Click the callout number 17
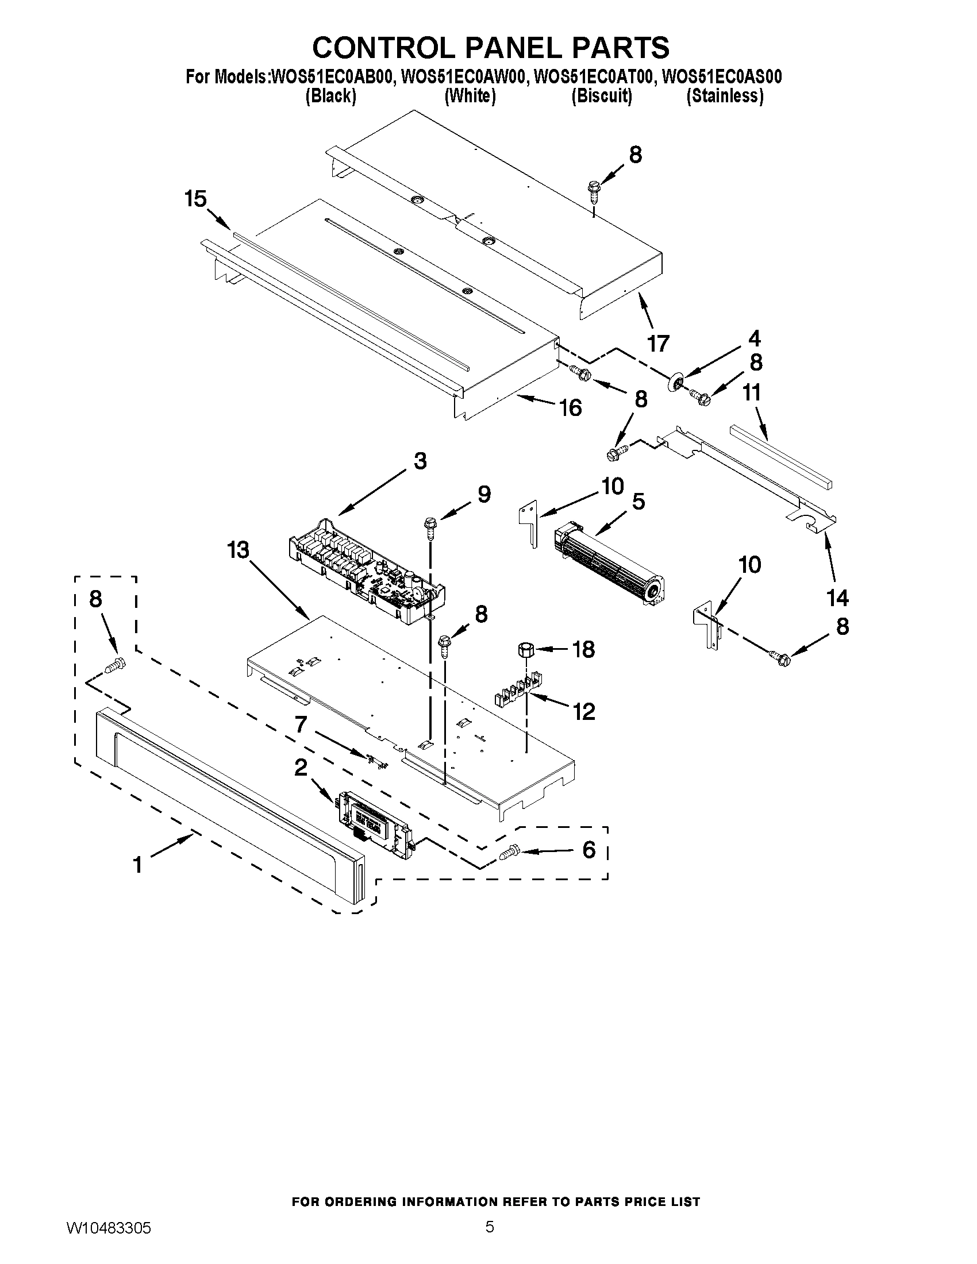pyautogui.click(x=657, y=344)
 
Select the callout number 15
pyautogui.click(x=195, y=199)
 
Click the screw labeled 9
pyautogui.click(x=430, y=526)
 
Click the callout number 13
pyautogui.click(x=238, y=550)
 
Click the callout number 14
pyautogui.click(x=837, y=598)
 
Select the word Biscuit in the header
pyautogui.click(x=601, y=96)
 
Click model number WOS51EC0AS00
pyautogui.click(x=722, y=77)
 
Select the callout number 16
pyautogui.click(x=571, y=408)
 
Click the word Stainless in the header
pyautogui.click(x=725, y=96)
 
